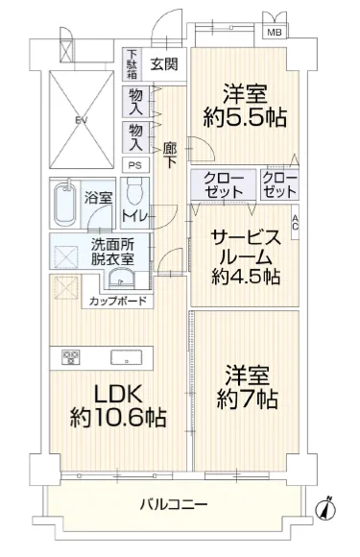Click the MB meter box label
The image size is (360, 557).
275,33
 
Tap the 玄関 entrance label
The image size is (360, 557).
164,64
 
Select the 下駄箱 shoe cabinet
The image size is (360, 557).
132,64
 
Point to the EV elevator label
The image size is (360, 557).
82,119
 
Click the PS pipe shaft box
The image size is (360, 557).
135,165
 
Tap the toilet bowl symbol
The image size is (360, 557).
135,191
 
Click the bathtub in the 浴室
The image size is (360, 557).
65,204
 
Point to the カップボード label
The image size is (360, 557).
117,302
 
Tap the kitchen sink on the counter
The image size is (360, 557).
127,357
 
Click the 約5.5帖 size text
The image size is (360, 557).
245,117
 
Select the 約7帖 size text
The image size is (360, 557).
247,399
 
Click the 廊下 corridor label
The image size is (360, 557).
170,156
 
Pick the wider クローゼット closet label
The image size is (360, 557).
224,185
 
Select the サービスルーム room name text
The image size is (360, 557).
246,247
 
